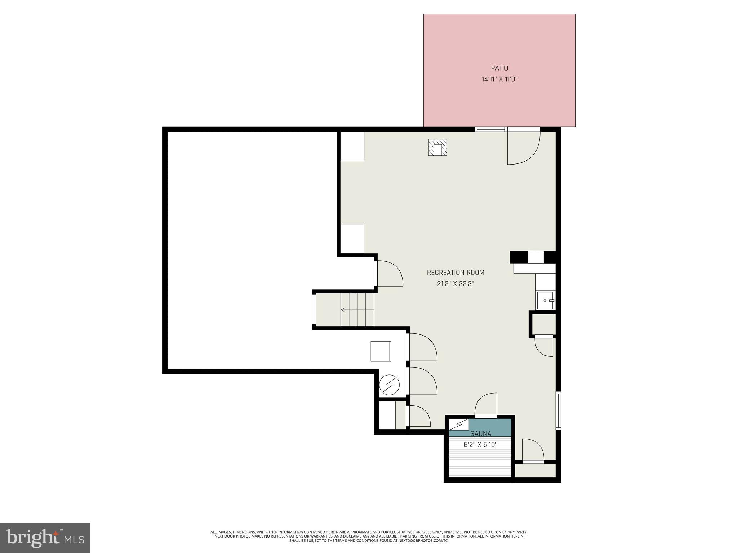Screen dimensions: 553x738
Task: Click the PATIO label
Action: pos(499,68)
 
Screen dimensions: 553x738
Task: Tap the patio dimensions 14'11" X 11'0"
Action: pos(499,79)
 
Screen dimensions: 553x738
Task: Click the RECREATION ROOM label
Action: pos(455,273)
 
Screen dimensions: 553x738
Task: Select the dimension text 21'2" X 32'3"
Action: pos(455,284)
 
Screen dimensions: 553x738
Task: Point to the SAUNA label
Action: pos(480,434)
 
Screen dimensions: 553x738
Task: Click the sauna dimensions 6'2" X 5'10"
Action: pos(480,445)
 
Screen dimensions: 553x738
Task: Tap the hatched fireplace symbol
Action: pos(437,147)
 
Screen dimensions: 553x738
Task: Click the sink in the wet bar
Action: pos(546,301)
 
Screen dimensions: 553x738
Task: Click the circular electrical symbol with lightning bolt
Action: pos(390,385)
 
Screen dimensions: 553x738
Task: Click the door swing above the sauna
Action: pos(486,405)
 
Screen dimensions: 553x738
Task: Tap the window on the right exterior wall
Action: pos(558,410)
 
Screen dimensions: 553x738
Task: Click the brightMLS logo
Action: pos(45,538)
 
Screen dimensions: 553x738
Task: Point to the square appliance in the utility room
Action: pos(381,351)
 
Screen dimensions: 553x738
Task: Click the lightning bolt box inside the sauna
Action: pos(459,424)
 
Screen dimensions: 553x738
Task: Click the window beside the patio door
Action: pos(491,129)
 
